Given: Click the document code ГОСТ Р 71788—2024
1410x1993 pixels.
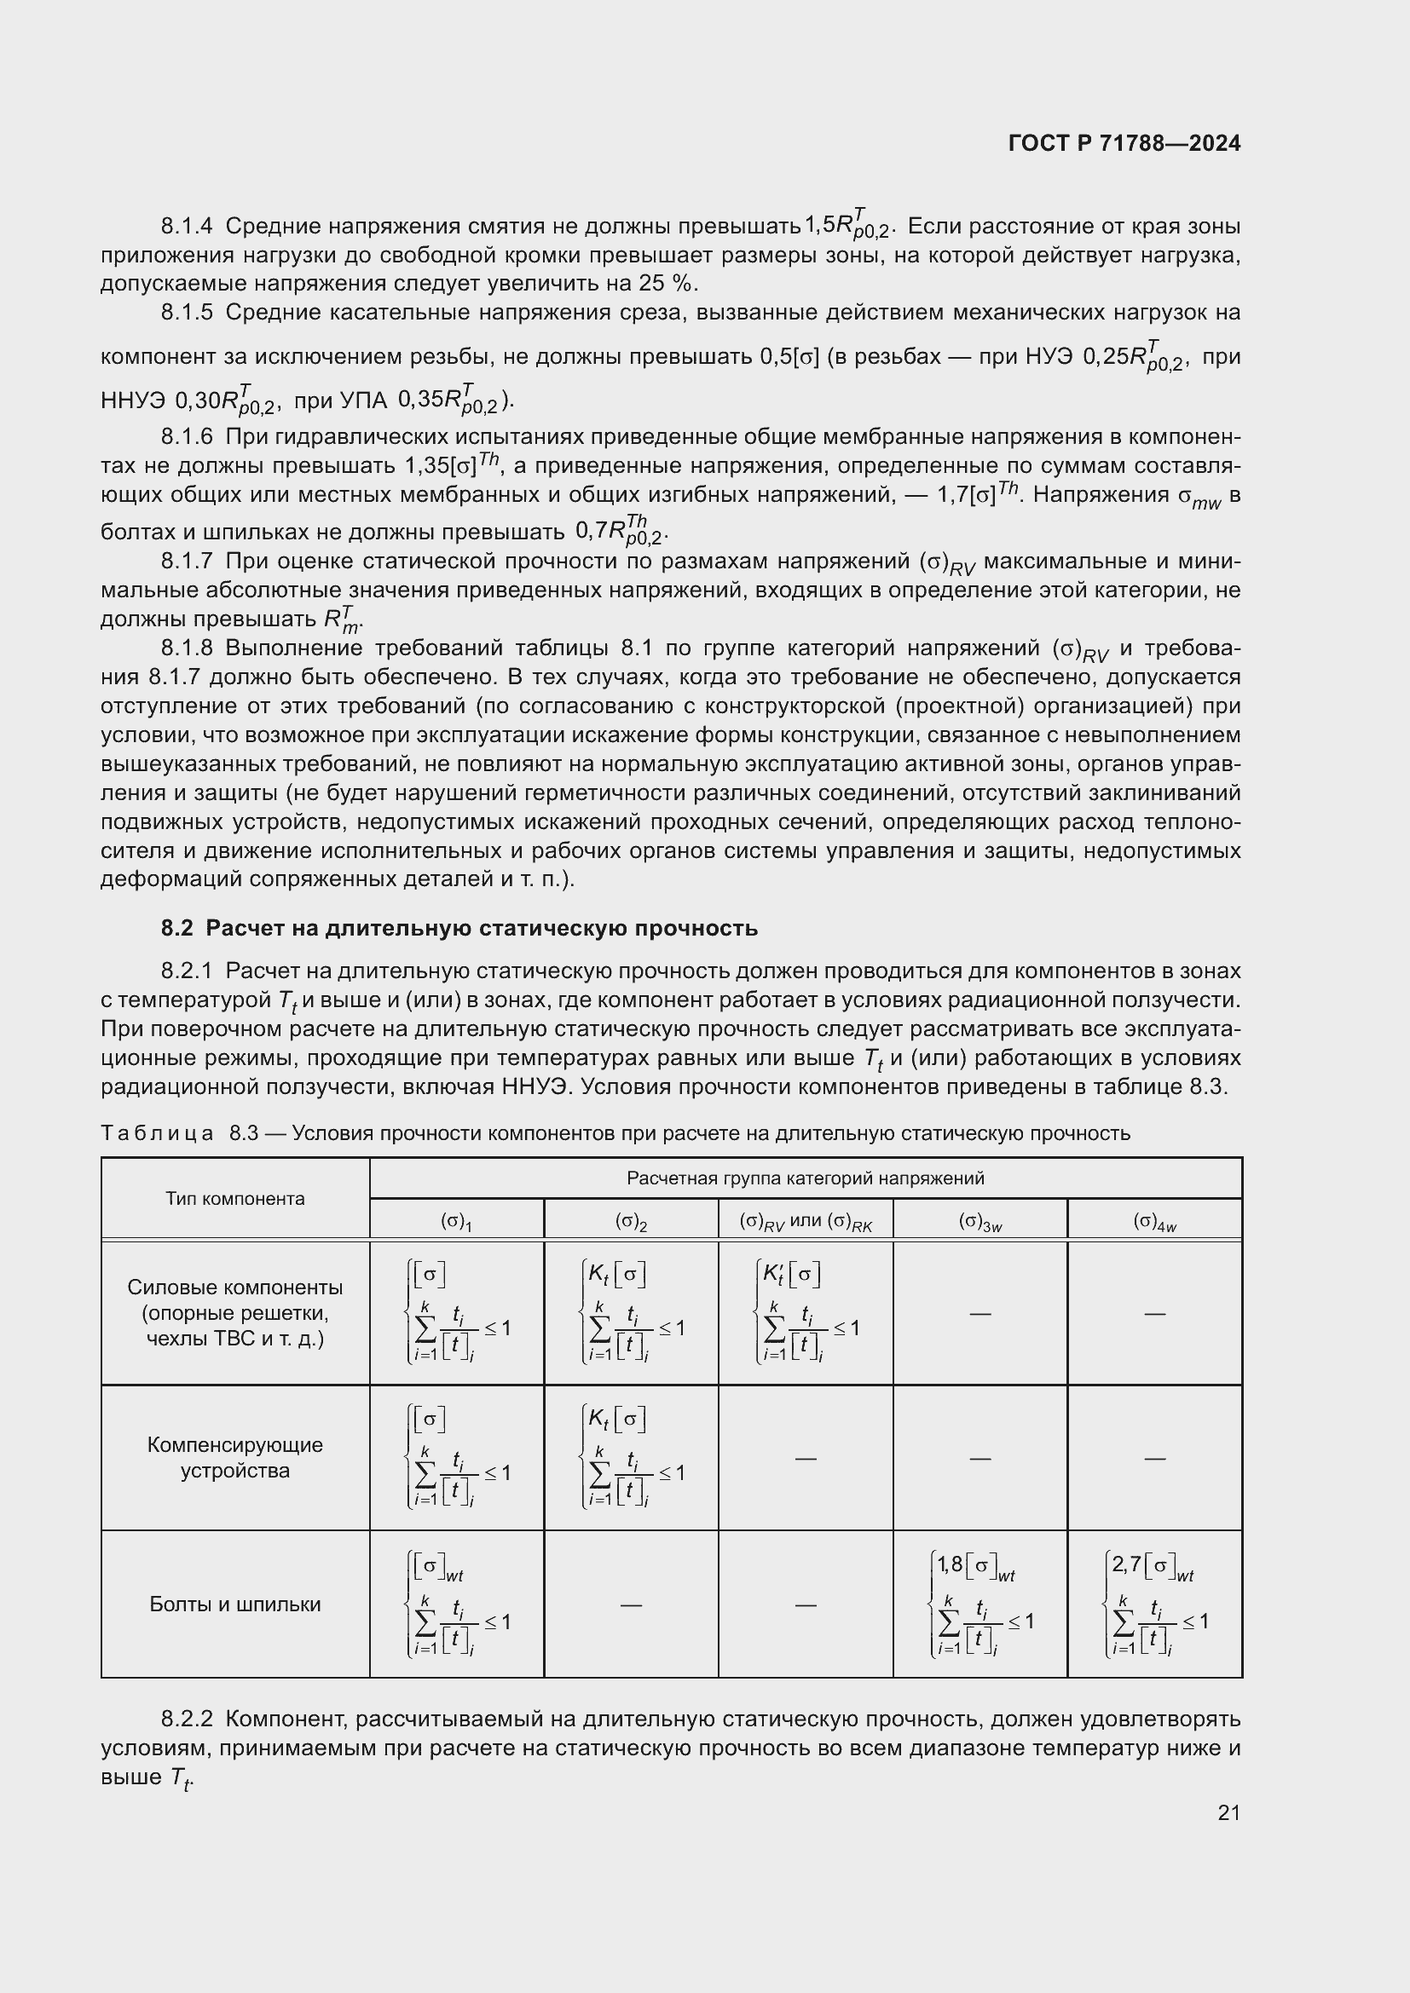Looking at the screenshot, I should [1124, 144].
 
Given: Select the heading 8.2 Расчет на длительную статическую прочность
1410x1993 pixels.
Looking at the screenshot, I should [459, 928].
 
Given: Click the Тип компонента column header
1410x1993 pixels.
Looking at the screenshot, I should [235, 1199].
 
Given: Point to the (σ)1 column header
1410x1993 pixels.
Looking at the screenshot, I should [457, 1221].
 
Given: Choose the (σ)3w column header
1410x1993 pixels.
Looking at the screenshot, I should [980, 1221].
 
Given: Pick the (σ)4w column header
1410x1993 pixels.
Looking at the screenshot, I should [1155, 1221].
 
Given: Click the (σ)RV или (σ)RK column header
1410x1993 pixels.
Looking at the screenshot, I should [806, 1221].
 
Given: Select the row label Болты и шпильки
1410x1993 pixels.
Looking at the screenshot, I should [235, 1604].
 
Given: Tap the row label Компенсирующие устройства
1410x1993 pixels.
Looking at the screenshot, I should [235, 1457].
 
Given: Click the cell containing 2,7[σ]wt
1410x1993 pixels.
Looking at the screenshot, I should [1155, 1604].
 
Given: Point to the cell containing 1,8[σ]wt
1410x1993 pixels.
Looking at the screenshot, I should [980, 1604].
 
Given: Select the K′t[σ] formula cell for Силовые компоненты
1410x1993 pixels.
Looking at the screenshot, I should [806, 1312].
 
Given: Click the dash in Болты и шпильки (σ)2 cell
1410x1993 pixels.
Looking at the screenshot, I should [631, 1605].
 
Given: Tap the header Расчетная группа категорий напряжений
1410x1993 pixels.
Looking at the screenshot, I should [806, 1178].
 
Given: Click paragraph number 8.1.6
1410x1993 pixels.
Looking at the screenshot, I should [187, 436].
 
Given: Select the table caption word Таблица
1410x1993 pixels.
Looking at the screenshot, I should [157, 1132].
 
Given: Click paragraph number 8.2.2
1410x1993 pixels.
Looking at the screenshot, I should [187, 1719].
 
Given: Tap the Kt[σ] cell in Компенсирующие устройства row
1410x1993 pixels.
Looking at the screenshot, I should [631, 1457].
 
